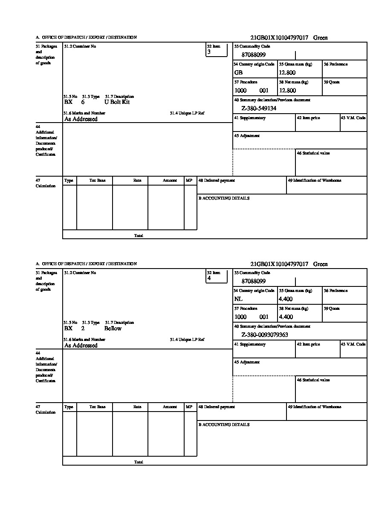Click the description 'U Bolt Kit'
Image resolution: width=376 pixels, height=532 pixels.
(x=117, y=102)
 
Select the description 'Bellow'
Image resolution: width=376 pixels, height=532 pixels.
(x=113, y=329)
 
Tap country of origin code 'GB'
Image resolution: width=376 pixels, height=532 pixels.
(x=238, y=73)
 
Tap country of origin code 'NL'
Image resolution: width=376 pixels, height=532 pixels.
(x=238, y=299)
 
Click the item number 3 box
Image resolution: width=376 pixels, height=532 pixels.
(x=217, y=50)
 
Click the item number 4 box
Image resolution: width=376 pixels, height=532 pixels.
(x=217, y=276)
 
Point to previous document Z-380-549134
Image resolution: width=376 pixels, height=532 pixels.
(x=259, y=109)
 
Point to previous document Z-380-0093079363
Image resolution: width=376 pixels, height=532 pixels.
(x=265, y=335)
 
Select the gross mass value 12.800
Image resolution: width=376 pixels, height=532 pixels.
(x=287, y=73)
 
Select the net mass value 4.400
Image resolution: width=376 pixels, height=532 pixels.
(x=286, y=317)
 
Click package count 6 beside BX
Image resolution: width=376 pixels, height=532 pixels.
(x=83, y=102)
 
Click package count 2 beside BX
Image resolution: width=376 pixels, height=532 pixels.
(x=83, y=329)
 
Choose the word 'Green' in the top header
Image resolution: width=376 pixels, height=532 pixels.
(x=321, y=38)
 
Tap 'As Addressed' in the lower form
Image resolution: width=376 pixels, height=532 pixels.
(x=81, y=346)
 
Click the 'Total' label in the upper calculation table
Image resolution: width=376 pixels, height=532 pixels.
(x=139, y=235)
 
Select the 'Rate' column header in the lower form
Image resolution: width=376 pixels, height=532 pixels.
(x=137, y=407)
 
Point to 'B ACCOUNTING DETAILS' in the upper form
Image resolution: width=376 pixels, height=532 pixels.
(x=224, y=198)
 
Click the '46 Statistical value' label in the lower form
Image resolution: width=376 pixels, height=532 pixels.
(x=313, y=380)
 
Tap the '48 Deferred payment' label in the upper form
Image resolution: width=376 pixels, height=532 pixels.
(x=217, y=180)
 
